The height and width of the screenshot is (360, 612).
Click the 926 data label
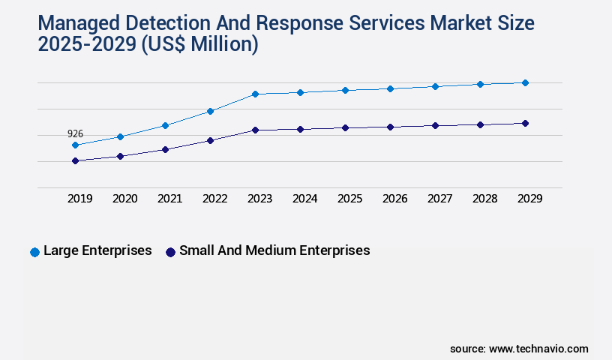[x=75, y=133]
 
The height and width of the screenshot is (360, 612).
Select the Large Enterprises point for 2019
[x=75, y=145]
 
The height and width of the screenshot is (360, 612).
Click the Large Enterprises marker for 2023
[x=255, y=94]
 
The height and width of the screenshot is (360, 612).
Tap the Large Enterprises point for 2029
[x=525, y=82]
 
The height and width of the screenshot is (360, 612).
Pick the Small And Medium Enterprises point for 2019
[x=75, y=160]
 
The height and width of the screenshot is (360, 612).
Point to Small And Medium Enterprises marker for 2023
[x=255, y=130]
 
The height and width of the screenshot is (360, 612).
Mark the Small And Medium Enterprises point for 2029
[x=525, y=123]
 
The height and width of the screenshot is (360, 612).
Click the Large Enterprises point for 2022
[x=210, y=111]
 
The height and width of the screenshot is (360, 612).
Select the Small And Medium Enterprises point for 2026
[x=390, y=127]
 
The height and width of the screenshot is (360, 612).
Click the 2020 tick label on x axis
[x=124, y=199]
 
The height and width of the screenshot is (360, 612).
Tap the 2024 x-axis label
[x=304, y=199]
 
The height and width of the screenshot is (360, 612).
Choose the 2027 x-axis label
[x=439, y=199]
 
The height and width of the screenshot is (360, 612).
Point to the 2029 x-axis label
[x=529, y=199]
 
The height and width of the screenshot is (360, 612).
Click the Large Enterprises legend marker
[x=34, y=252]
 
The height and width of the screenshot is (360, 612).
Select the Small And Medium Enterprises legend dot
[x=170, y=252]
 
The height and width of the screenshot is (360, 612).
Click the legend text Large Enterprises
[x=97, y=250]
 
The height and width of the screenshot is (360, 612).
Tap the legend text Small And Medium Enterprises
[x=274, y=250]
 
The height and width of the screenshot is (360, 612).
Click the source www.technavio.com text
[x=519, y=349]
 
